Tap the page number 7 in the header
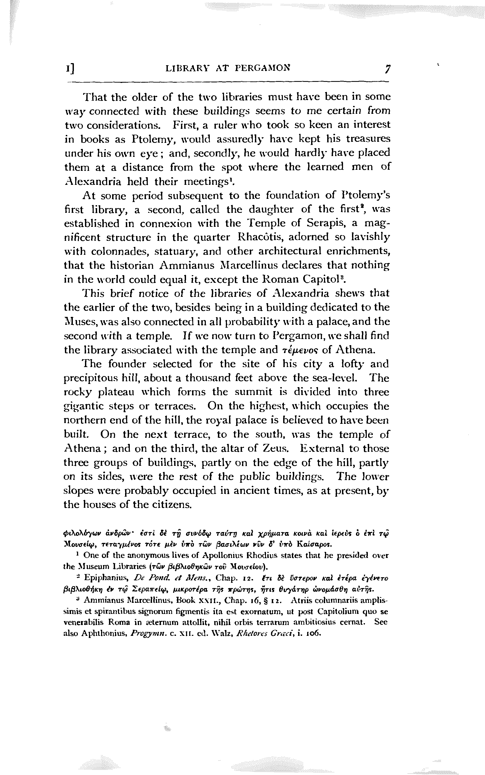tap(388, 69)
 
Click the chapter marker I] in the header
tap(70, 68)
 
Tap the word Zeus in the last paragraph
tap(272, 448)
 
